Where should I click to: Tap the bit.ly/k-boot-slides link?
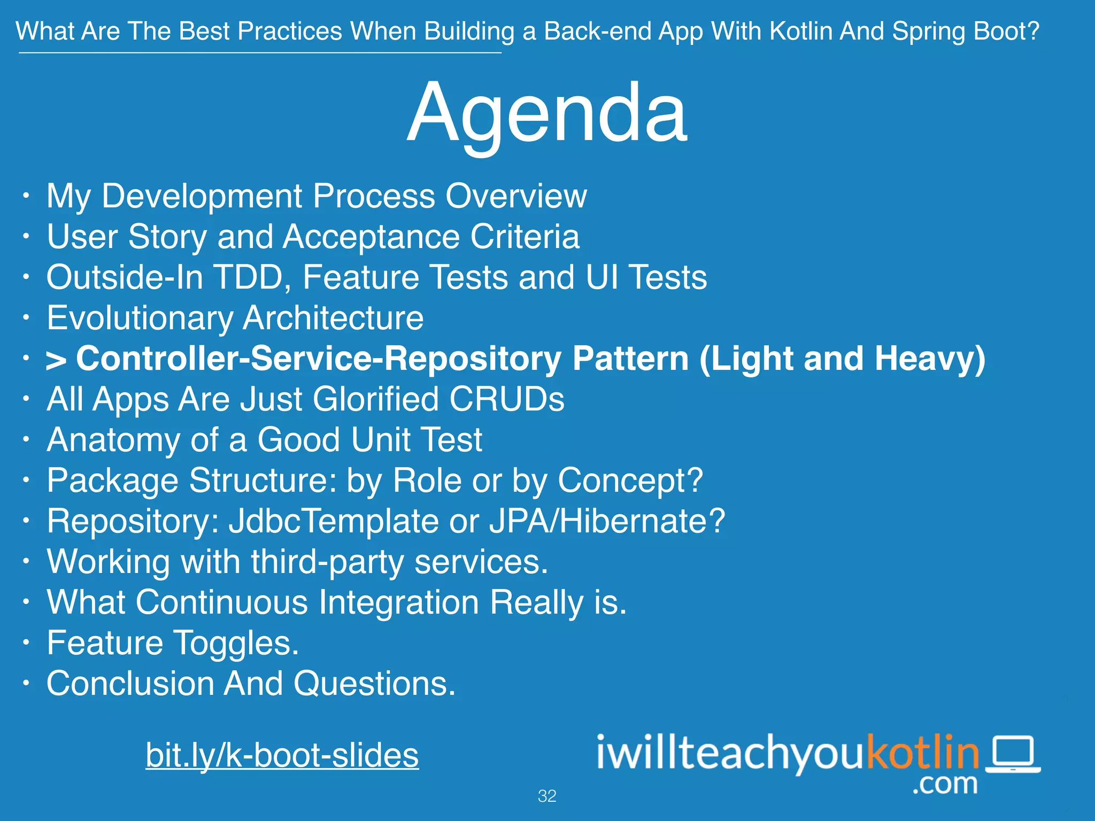click(282, 755)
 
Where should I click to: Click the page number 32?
click(546, 796)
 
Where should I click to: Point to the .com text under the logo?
click(945, 784)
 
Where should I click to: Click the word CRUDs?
click(506, 399)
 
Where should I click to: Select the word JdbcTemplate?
click(334, 521)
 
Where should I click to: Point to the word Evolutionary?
click(140, 319)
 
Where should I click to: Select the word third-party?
click(327, 562)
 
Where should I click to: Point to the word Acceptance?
click(371, 237)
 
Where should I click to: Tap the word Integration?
click(398, 602)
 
